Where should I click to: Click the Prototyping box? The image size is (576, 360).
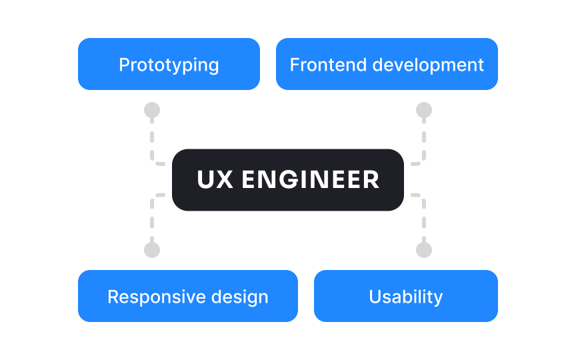pos(169,64)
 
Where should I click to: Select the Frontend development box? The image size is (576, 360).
pos(387,64)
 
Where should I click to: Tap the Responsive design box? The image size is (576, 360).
pos(187,296)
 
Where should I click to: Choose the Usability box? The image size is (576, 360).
pos(405,296)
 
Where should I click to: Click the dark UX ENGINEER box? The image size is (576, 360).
pos(288,180)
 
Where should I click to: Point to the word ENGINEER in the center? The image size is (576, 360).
pos(311,180)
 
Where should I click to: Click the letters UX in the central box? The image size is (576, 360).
pos(215,180)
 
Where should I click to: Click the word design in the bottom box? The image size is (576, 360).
pos(240,297)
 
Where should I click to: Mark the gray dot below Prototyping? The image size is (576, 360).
pos(152,110)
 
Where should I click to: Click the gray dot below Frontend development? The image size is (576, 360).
pos(424,110)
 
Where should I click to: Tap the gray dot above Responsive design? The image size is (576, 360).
pos(152,250)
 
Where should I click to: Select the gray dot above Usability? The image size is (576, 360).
pos(424,250)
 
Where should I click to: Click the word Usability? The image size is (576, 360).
pos(405,297)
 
